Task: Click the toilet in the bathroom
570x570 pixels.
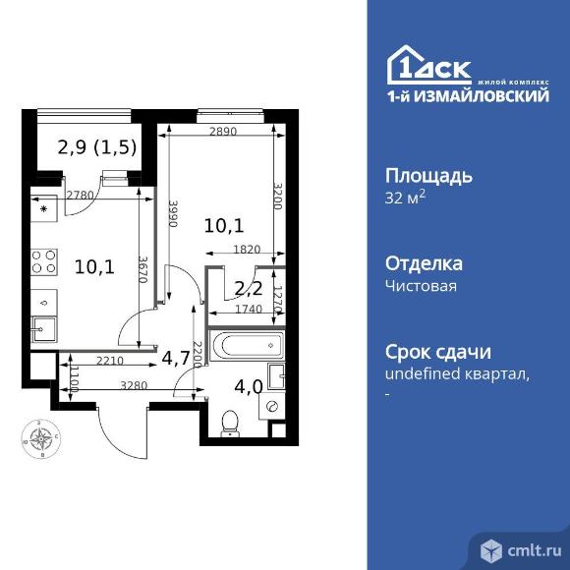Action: click(x=230, y=424)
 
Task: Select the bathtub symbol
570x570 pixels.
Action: click(x=247, y=345)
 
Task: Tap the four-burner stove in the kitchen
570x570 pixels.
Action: click(x=43, y=261)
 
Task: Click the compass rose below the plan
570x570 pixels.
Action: click(x=40, y=438)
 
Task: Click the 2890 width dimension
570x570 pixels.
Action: click(x=223, y=132)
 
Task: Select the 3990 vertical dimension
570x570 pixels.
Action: click(x=173, y=213)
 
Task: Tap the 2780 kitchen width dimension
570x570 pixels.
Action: click(x=80, y=196)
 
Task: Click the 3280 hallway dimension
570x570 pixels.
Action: click(x=134, y=385)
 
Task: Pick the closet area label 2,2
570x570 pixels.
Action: click(x=249, y=289)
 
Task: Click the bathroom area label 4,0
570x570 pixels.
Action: click(x=249, y=387)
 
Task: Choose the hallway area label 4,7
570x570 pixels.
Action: click(x=176, y=359)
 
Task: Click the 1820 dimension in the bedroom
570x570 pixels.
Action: click(x=247, y=250)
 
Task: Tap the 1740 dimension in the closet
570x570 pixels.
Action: click(x=249, y=309)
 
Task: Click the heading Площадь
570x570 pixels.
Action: click(x=428, y=177)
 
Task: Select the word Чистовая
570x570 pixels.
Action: click(x=421, y=286)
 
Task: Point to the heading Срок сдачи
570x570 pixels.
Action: click(x=438, y=352)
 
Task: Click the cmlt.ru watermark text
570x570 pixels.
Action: click(x=534, y=551)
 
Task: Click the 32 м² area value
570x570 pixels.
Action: click(x=405, y=198)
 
